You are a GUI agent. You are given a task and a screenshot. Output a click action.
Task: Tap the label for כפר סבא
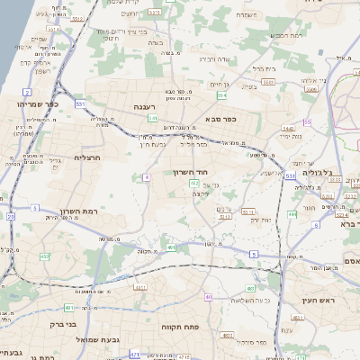(x=220, y=118)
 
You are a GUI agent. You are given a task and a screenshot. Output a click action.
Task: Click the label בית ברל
(x=265, y=68)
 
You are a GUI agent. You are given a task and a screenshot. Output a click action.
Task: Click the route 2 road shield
(x=27, y=92)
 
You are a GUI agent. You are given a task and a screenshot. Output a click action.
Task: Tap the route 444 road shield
(x=292, y=214)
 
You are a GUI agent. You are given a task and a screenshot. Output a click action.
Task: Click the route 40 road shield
(x=208, y=296)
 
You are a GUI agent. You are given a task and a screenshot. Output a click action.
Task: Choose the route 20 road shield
(x=11, y=216)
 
